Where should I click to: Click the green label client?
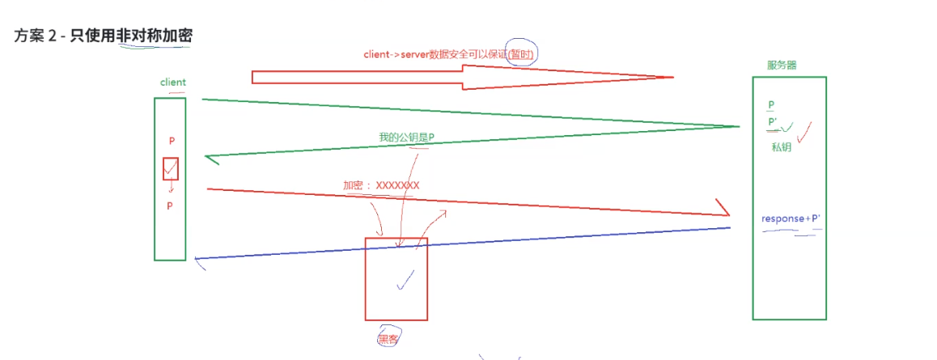(173, 83)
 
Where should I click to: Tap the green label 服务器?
(782, 65)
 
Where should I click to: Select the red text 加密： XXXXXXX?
(381, 185)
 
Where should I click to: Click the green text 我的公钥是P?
(406, 138)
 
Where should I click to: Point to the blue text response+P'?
(791, 219)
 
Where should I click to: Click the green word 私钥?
(782, 147)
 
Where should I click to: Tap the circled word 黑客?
(388, 338)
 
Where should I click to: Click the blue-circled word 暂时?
(522, 54)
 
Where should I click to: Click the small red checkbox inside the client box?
(170, 168)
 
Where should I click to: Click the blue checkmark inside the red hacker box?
(405, 280)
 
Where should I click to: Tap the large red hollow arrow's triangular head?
(647, 77)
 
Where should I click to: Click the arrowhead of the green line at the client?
(212, 159)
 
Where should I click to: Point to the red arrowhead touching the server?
(722, 209)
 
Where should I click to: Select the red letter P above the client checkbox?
(172, 141)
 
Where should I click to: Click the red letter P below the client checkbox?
(170, 205)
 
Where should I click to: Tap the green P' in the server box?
(773, 122)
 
